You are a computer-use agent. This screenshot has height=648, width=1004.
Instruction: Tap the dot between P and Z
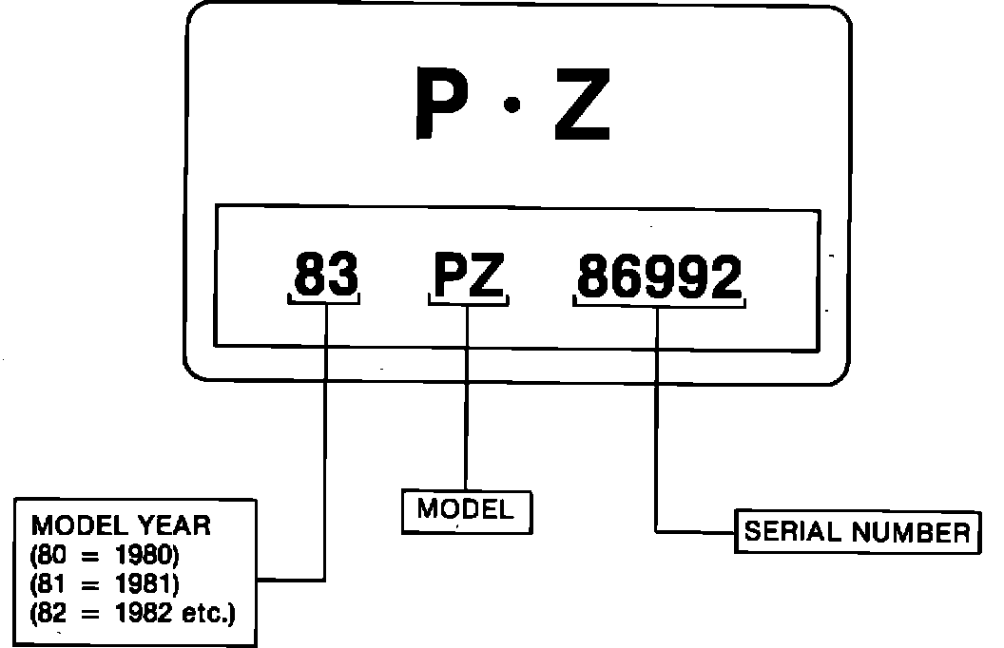tap(511, 107)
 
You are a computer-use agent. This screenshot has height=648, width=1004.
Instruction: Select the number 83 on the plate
tap(325, 276)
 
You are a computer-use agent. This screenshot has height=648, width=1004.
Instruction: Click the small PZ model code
tap(468, 276)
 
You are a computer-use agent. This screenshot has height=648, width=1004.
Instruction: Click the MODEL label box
tap(465, 509)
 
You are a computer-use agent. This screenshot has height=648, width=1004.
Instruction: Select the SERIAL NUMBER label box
tap(857, 532)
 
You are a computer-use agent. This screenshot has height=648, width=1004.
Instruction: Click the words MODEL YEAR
tap(122, 525)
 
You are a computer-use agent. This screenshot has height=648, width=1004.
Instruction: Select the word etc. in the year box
tap(207, 613)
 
